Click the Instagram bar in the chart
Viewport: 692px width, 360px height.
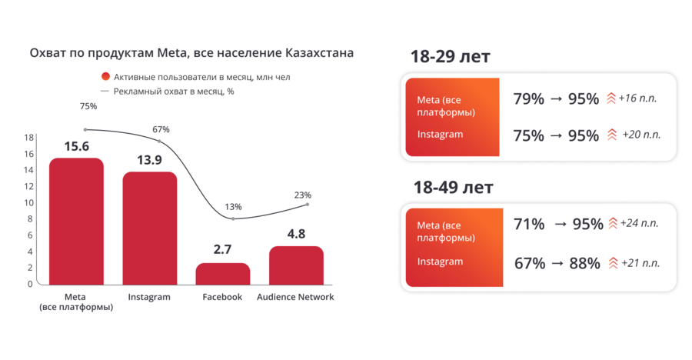click(x=149, y=228)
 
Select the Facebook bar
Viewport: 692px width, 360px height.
click(x=223, y=274)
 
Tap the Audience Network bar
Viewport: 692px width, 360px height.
click(x=296, y=265)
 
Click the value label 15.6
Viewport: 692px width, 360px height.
click(x=76, y=146)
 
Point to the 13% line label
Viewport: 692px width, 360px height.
click(x=233, y=207)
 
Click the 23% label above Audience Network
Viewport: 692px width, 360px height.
click(x=302, y=195)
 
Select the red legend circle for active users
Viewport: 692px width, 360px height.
click(x=105, y=77)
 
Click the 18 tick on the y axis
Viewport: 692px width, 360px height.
click(x=28, y=138)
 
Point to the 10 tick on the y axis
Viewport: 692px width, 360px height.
click(x=28, y=203)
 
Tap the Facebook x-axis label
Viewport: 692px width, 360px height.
click(x=222, y=297)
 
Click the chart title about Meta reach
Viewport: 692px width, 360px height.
click(x=191, y=54)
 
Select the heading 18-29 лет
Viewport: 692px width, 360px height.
click(x=451, y=57)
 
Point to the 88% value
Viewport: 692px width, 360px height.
click(x=584, y=263)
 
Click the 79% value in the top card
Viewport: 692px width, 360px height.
click(x=528, y=99)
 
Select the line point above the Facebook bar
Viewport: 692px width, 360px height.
click(x=233, y=219)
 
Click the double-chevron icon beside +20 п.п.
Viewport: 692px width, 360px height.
click(x=612, y=135)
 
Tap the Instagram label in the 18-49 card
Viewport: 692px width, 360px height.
click(x=440, y=262)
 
